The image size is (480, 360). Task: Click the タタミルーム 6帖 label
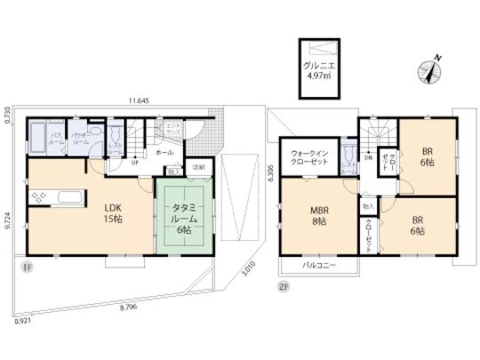click(186, 217)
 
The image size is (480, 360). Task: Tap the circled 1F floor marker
click(28, 265)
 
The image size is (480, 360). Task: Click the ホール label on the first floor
click(164, 153)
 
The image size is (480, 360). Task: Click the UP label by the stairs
click(134, 163)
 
